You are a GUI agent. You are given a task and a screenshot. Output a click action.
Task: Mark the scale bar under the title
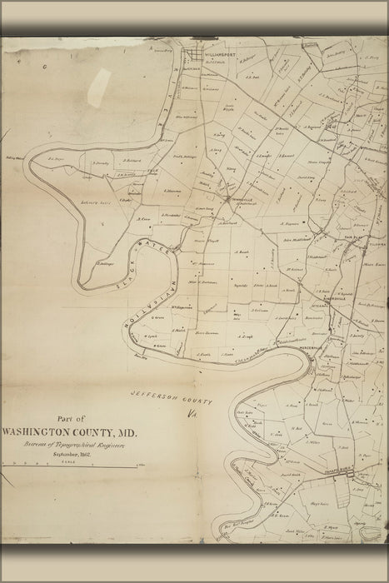point(67,467)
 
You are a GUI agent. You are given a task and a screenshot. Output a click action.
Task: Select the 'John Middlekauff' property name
point(297,239)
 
